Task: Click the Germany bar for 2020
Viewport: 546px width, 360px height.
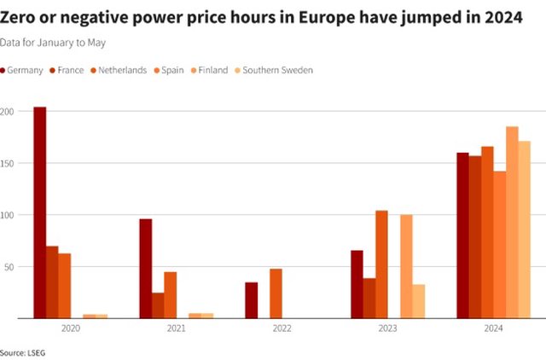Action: [x=40, y=212]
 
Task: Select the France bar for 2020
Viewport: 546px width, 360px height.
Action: [x=52, y=282]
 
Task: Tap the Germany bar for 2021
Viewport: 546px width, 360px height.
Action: [x=146, y=269]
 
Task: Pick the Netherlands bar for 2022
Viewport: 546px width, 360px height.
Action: [x=276, y=293]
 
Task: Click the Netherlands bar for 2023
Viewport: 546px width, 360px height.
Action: [x=381, y=264]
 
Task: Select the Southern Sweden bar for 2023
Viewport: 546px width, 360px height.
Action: [x=418, y=301]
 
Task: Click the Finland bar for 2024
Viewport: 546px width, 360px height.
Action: [x=512, y=223]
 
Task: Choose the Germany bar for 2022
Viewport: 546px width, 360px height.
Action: [x=252, y=300]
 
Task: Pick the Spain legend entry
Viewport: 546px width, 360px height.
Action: [x=169, y=70]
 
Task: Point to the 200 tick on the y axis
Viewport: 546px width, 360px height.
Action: [x=8, y=112]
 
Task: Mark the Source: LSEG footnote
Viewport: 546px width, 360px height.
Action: [x=24, y=351]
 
